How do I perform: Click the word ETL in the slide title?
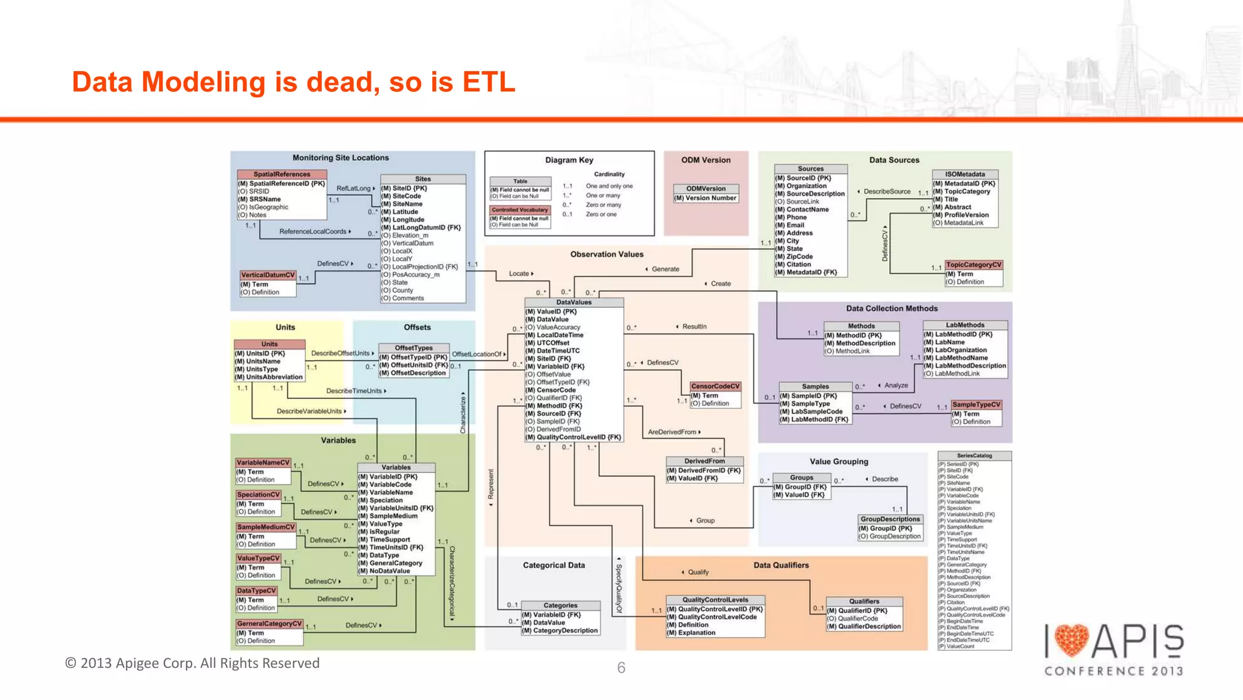pyautogui.click(x=489, y=82)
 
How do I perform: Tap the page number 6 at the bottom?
pyautogui.click(x=621, y=668)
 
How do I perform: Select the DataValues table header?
pyautogui.click(x=574, y=302)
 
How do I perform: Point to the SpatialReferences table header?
pyautogui.click(x=282, y=174)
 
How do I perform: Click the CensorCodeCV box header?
pyautogui.click(x=715, y=386)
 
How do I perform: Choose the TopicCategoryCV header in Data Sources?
pyautogui.click(x=974, y=265)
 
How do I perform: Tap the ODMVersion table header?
pyautogui.click(x=706, y=189)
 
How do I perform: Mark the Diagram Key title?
pyautogui.click(x=569, y=160)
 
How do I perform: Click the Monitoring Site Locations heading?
pyautogui.click(x=340, y=158)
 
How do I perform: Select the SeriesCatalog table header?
pyautogui.click(x=974, y=455)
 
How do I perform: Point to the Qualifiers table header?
pyautogui.click(x=864, y=601)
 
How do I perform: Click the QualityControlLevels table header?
pyautogui.click(x=715, y=600)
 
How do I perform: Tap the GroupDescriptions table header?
pyautogui.click(x=890, y=519)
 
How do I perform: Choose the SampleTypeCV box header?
pyautogui.click(x=976, y=404)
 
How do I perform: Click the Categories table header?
pyautogui.click(x=560, y=605)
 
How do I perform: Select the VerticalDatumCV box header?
pyautogui.click(x=268, y=275)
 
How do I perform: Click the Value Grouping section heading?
pyautogui.click(x=839, y=461)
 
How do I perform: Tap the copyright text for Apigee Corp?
pyautogui.click(x=192, y=663)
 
